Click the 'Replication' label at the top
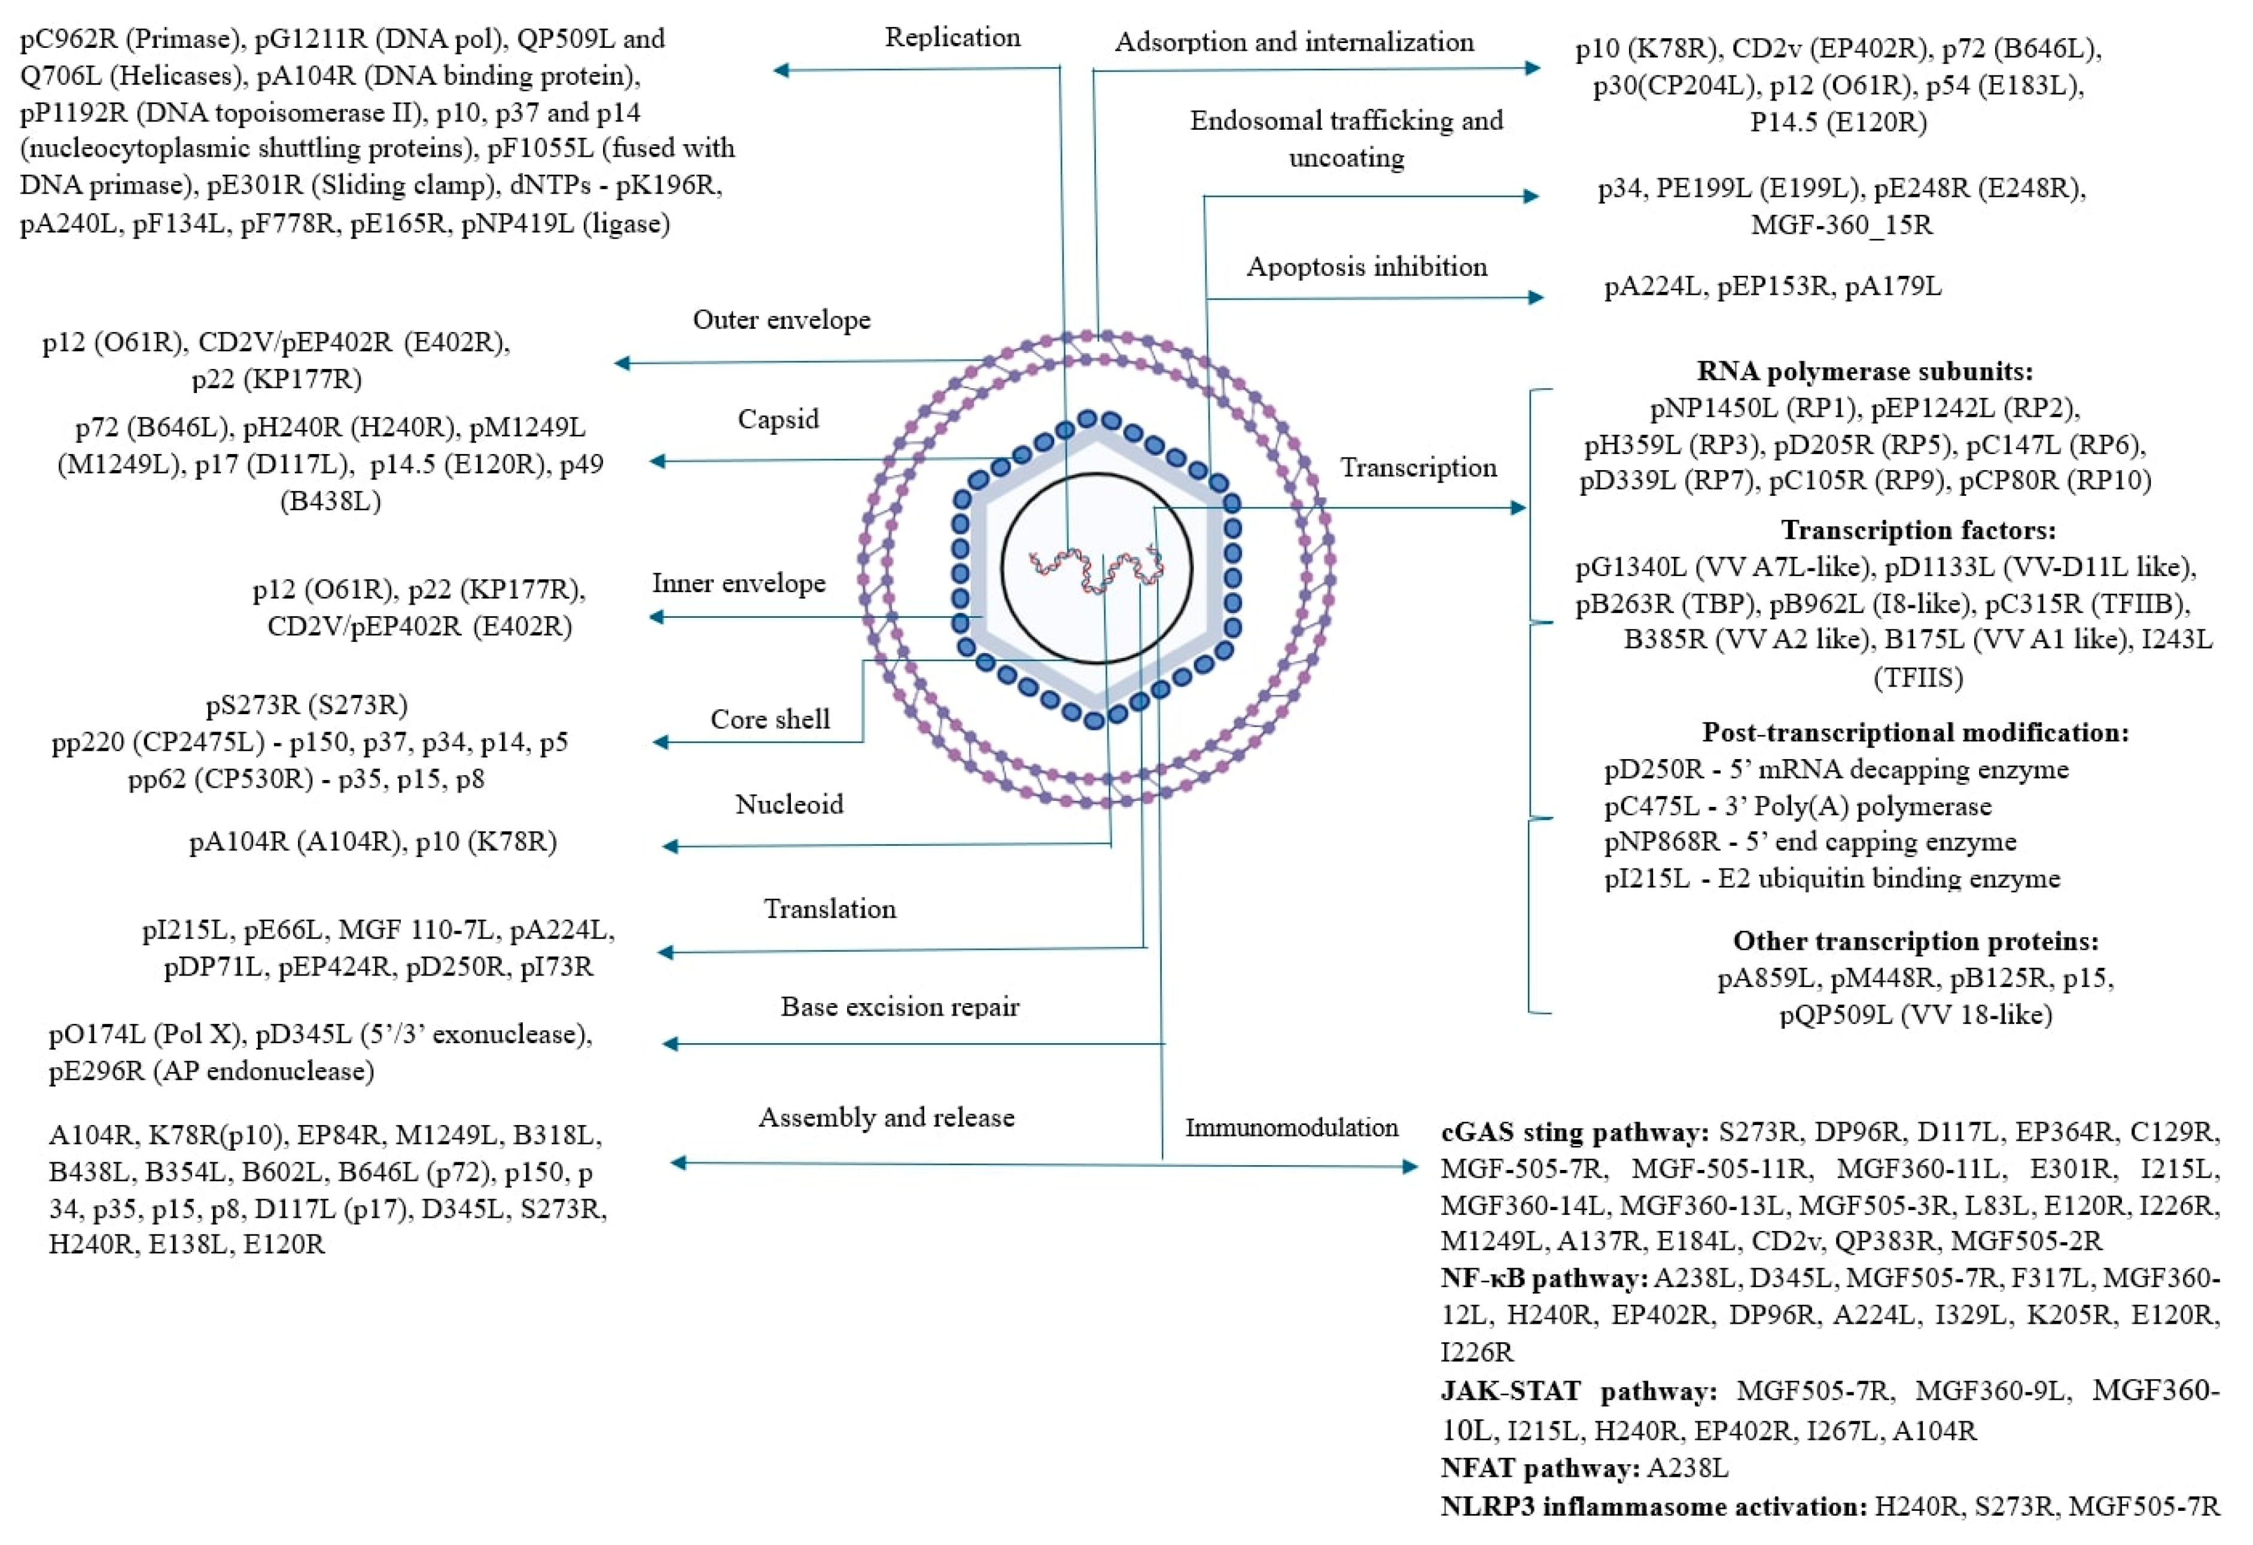(952, 38)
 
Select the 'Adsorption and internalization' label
(1293, 42)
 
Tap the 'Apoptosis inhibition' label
(1366, 267)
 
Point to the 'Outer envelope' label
(781, 320)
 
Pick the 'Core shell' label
(770, 719)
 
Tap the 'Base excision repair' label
(900, 1007)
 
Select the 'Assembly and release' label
(886, 1117)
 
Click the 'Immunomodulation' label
(1291, 1127)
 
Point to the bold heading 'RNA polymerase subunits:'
(1864, 371)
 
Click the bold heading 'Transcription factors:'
(1917, 530)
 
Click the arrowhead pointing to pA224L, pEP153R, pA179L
(1536, 297)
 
